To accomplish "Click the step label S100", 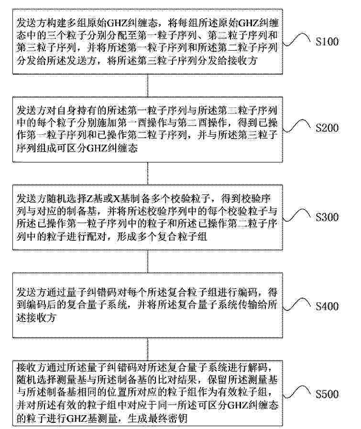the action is (327, 42).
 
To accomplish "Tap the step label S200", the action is (327, 128).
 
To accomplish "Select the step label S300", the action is (327, 217).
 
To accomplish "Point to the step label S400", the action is (327, 306).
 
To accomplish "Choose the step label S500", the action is (327, 394).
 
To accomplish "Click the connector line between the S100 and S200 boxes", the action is (148, 85).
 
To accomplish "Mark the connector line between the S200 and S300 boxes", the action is (148, 173).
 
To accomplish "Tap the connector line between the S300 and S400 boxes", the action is (148, 262).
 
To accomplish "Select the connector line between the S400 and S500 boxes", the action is (148, 349).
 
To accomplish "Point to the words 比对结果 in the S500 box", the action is (178, 379).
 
